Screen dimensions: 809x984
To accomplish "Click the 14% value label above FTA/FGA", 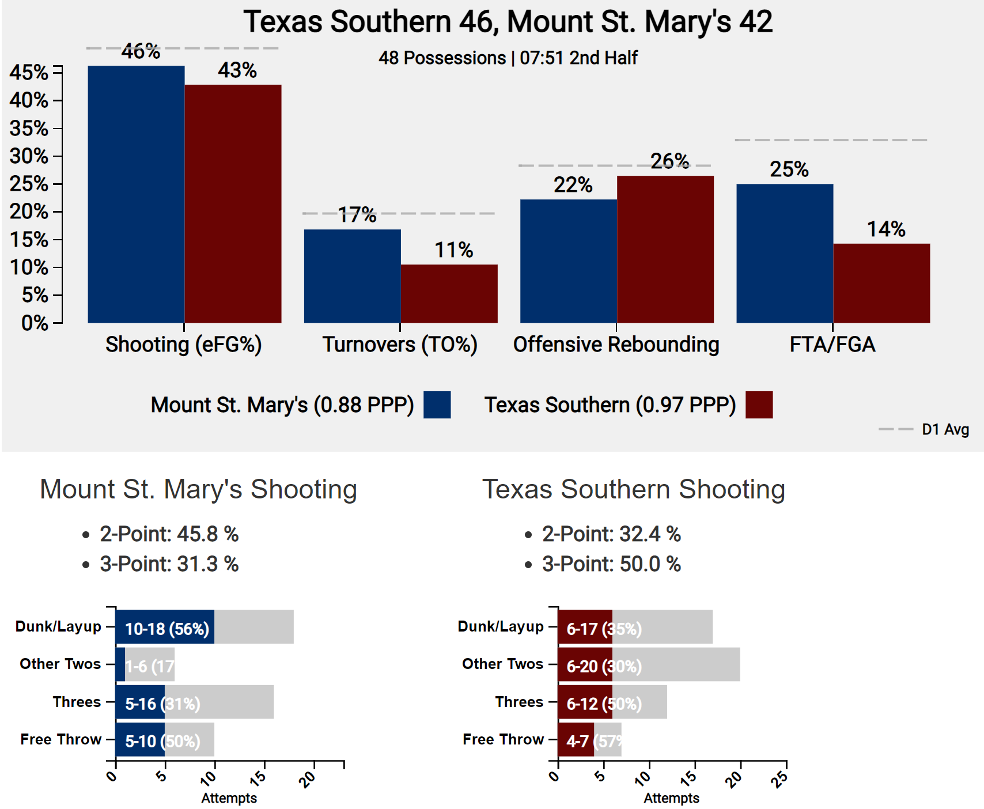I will [886, 229].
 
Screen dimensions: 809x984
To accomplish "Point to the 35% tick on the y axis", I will [29, 128].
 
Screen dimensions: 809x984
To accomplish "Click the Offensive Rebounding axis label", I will [616, 345].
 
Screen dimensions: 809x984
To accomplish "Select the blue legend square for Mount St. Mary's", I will [437, 404].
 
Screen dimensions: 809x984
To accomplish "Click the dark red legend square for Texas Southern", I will [759, 404].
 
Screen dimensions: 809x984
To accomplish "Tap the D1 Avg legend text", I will [945, 429].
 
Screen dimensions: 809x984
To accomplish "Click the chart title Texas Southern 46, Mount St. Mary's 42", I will [507, 22].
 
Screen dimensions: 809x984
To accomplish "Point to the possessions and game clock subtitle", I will [508, 58].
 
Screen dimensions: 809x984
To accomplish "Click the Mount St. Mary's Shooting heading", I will [198, 489].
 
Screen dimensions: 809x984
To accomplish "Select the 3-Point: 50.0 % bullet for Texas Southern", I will [611, 564].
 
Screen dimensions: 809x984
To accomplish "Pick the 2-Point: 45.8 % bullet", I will [169, 534].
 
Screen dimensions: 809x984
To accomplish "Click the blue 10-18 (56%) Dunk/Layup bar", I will [165, 627].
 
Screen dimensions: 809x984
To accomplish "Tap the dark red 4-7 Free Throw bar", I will [576, 740].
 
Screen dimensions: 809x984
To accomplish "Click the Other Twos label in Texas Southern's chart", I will [502, 664].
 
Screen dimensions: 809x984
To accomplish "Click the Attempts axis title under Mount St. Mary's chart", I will [229, 798].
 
